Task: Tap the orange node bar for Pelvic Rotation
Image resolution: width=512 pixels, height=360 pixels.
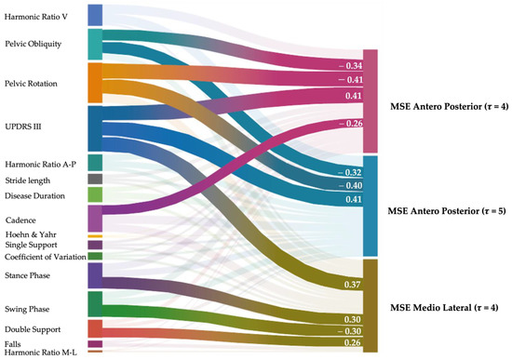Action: (94, 83)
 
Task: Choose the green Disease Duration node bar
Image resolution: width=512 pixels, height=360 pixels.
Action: (94, 194)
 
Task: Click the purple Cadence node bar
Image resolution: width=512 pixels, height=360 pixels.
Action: (94, 219)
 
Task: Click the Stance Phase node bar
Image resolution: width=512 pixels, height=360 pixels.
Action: (94, 275)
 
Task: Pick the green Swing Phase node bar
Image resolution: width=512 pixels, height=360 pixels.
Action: (94, 304)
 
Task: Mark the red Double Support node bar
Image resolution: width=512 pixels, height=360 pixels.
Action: (94, 329)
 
